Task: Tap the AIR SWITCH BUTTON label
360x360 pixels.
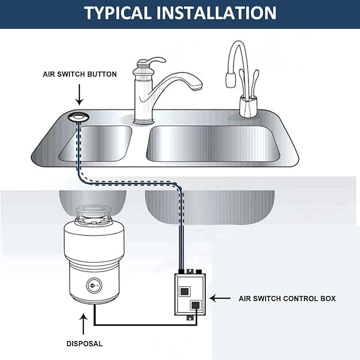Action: pyautogui.click(x=80, y=74)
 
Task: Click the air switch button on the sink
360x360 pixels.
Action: pyautogui.click(x=80, y=116)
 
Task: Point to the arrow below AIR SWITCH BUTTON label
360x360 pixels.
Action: pyautogui.click(x=80, y=95)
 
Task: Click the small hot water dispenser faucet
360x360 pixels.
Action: pyautogui.click(x=241, y=80)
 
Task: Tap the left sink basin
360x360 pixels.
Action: pyautogui.click(x=95, y=143)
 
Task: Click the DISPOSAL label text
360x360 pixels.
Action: pyautogui.click(x=84, y=344)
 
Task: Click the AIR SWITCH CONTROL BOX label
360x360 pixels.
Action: pyautogui.click(x=287, y=298)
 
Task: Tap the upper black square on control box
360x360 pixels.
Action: pyautogui.click(x=185, y=291)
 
